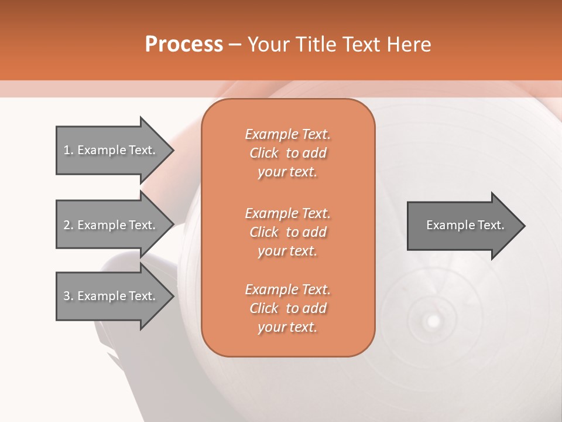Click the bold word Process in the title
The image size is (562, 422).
click(184, 45)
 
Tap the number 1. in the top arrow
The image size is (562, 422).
click(68, 150)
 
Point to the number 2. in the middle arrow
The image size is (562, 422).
click(68, 225)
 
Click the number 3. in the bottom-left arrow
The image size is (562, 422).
click(68, 296)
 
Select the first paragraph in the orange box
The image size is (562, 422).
click(287, 153)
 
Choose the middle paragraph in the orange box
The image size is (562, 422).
click(287, 232)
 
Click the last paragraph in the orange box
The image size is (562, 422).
click(287, 308)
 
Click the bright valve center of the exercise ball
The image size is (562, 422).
click(433, 321)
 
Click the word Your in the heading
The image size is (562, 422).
click(268, 45)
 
